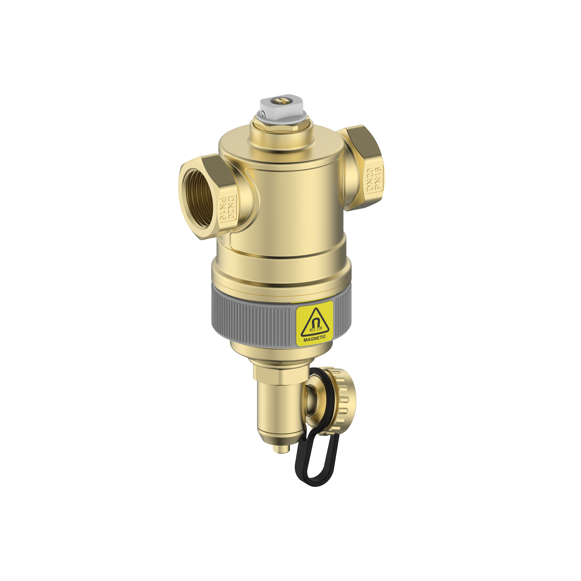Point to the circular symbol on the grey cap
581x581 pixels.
pyautogui.click(x=264, y=114)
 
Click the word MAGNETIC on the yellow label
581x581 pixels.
pyautogui.click(x=315, y=337)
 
